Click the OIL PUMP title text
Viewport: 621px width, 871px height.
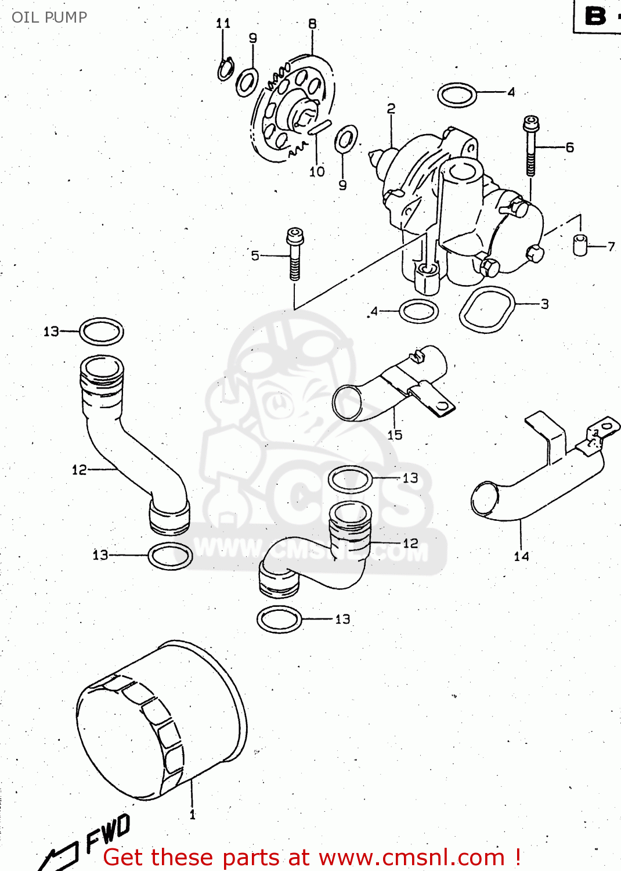[49, 17]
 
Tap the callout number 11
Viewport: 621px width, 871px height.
[223, 23]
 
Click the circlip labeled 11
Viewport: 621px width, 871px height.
[226, 70]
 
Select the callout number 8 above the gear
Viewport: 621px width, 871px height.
[312, 24]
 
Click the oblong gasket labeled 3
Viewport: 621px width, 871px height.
[487, 310]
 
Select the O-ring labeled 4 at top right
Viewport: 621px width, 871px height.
[457, 95]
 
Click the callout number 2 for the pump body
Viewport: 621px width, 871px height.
[391, 109]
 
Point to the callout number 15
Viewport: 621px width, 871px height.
[395, 435]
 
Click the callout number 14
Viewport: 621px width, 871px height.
[521, 556]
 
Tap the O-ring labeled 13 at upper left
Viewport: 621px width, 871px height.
[101, 332]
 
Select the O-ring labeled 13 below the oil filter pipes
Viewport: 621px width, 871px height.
[280, 619]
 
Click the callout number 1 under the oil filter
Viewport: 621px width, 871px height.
[193, 815]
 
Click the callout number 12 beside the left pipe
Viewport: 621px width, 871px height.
[79, 470]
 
